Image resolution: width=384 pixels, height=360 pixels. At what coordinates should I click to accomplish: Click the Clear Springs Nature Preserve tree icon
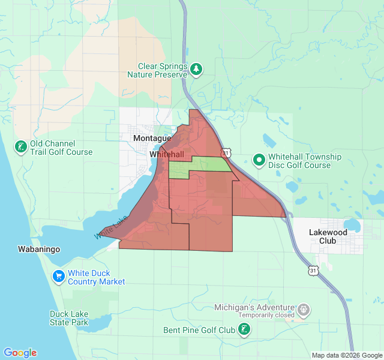point(196,70)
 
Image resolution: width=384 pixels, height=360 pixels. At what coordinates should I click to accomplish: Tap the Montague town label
point(152,139)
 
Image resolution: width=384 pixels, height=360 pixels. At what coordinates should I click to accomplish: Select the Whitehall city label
point(166,154)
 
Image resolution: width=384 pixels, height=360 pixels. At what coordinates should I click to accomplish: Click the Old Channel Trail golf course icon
point(20,147)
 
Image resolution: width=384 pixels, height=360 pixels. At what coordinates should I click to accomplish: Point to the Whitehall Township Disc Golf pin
point(259,160)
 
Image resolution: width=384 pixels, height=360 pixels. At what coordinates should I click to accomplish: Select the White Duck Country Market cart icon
point(58,276)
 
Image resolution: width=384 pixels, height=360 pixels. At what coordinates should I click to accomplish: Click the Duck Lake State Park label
point(69,318)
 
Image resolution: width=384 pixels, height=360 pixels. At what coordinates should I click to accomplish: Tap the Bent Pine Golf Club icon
point(245,329)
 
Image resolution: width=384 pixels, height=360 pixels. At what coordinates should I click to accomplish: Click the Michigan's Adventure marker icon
point(304,310)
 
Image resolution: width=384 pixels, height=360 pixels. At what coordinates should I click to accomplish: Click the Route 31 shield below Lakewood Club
point(314,270)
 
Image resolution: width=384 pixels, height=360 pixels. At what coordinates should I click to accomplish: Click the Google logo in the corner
point(20,353)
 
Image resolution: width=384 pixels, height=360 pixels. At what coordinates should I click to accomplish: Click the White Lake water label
point(111,229)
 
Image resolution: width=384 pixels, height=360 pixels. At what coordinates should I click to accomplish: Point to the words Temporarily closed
point(266,315)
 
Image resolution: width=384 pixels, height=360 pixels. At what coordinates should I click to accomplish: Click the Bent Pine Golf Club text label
point(199,330)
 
